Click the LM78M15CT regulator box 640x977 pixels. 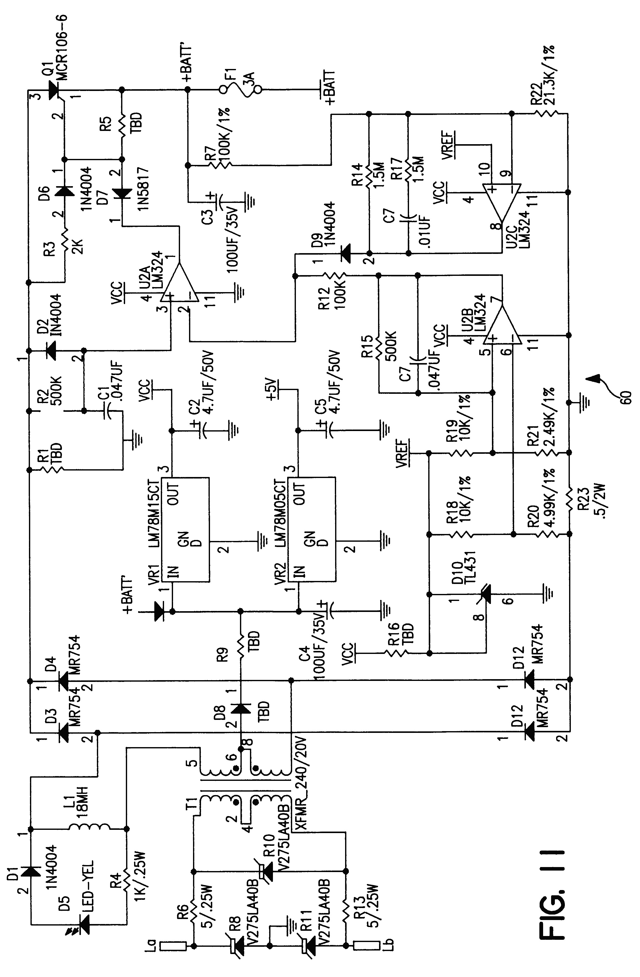point(185,529)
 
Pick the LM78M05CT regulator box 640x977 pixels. point(311,529)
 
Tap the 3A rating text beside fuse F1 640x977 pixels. point(250,78)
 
